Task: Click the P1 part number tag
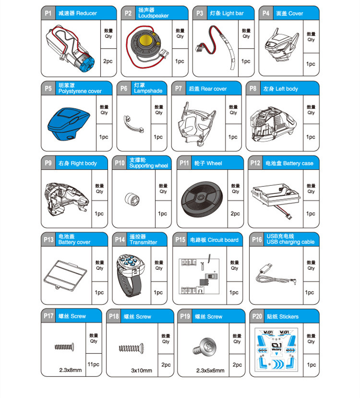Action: tap(48, 13)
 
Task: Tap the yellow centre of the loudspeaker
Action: tap(145, 40)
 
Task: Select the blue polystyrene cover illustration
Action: tap(69, 123)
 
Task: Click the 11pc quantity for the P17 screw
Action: tap(94, 364)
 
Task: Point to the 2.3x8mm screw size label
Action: tap(71, 370)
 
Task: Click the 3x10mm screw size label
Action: tap(142, 371)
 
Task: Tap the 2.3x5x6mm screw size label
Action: tap(210, 371)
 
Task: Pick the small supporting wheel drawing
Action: tap(132, 199)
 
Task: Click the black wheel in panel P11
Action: tap(202, 199)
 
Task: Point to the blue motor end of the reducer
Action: tap(86, 63)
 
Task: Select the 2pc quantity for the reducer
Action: tap(108, 61)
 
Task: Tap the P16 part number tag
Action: tap(257, 240)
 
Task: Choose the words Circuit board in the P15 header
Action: tap(223, 240)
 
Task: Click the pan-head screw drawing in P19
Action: tap(205, 347)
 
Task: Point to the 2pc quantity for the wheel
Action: tap(235, 214)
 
